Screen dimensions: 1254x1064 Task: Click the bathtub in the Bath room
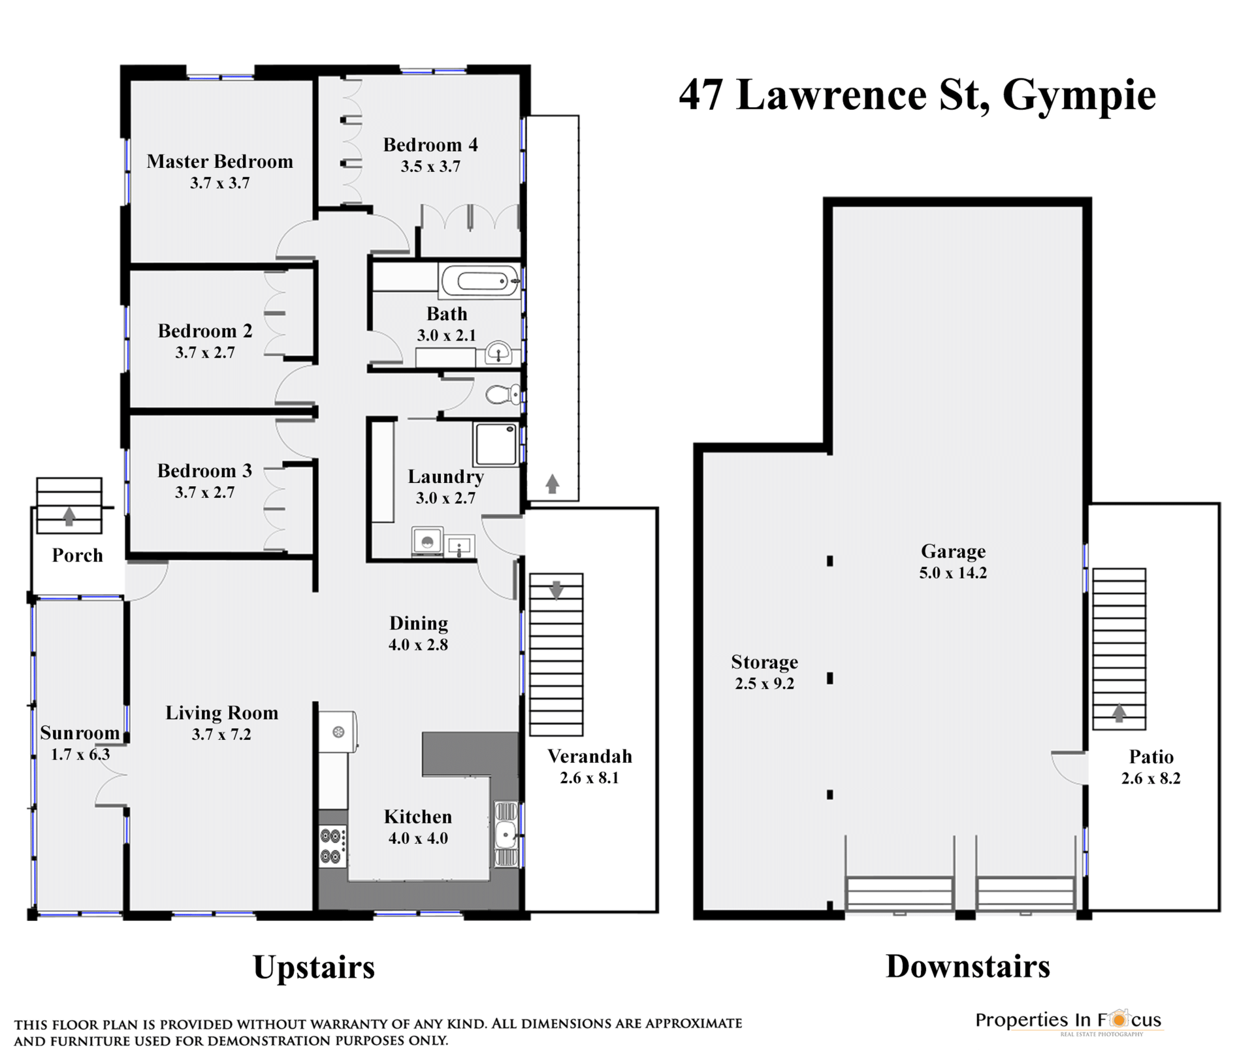pyautogui.click(x=481, y=282)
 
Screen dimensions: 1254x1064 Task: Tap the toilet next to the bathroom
pyautogui.click(x=503, y=394)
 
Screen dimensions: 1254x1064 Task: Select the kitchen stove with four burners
pyautogui.click(x=333, y=846)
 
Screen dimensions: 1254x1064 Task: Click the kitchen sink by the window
pyautogui.click(x=506, y=834)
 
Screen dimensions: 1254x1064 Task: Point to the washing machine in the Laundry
pyautogui.click(x=427, y=542)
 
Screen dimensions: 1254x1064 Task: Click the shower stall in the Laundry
pyautogui.click(x=496, y=444)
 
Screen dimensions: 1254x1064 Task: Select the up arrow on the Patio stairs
pyautogui.click(x=1119, y=712)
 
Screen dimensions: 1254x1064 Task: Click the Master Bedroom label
pyautogui.click(x=219, y=161)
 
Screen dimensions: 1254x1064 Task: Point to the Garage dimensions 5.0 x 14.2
pyautogui.click(x=953, y=573)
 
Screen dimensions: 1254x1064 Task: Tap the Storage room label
pyautogui.click(x=764, y=662)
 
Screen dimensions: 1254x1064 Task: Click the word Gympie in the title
pyautogui.click(x=1079, y=96)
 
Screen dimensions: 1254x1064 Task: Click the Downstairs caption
pyautogui.click(x=968, y=966)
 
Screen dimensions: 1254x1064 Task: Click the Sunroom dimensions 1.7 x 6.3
pyautogui.click(x=80, y=755)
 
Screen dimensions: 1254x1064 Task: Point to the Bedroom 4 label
pyautogui.click(x=430, y=144)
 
